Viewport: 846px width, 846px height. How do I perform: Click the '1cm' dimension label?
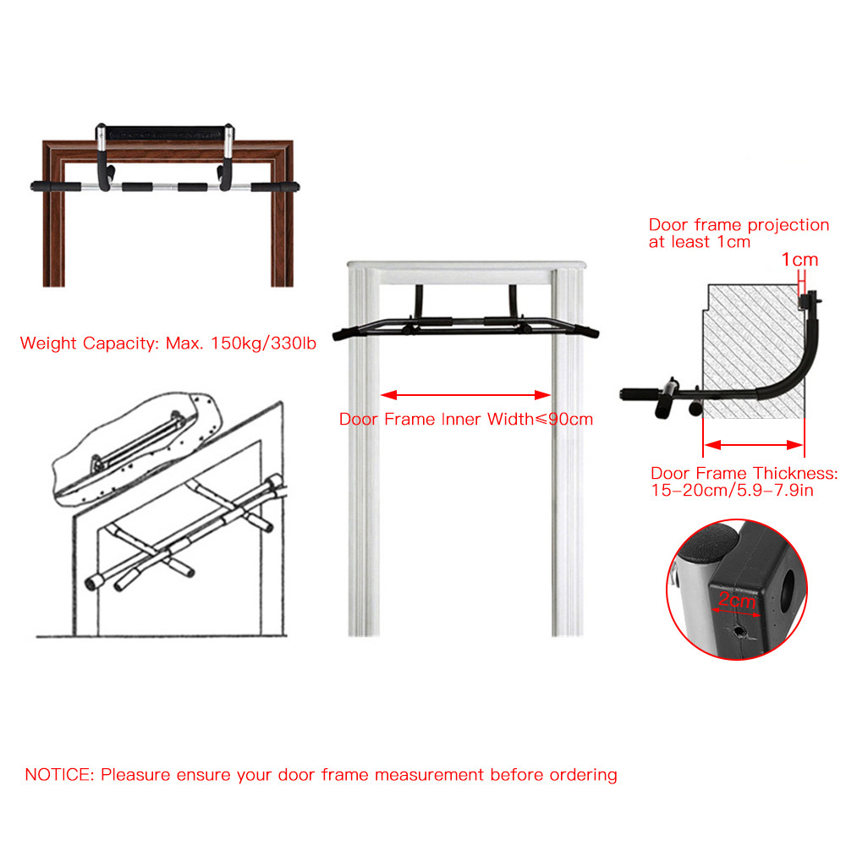pyautogui.click(x=800, y=260)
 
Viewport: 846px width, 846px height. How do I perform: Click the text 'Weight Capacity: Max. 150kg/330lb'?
pyautogui.click(x=168, y=343)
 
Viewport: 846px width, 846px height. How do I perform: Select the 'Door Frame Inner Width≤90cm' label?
pyautogui.click(x=466, y=419)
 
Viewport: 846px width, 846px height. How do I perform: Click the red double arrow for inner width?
pyautogui.click(x=466, y=394)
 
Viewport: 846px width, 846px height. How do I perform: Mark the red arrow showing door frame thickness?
pyautogui.click(x=754, y=443)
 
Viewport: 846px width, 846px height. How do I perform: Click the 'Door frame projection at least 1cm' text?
pyautogui.click(x=739, y=233)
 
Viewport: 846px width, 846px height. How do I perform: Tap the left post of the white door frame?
pyautogui.click(x=362, y=457)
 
